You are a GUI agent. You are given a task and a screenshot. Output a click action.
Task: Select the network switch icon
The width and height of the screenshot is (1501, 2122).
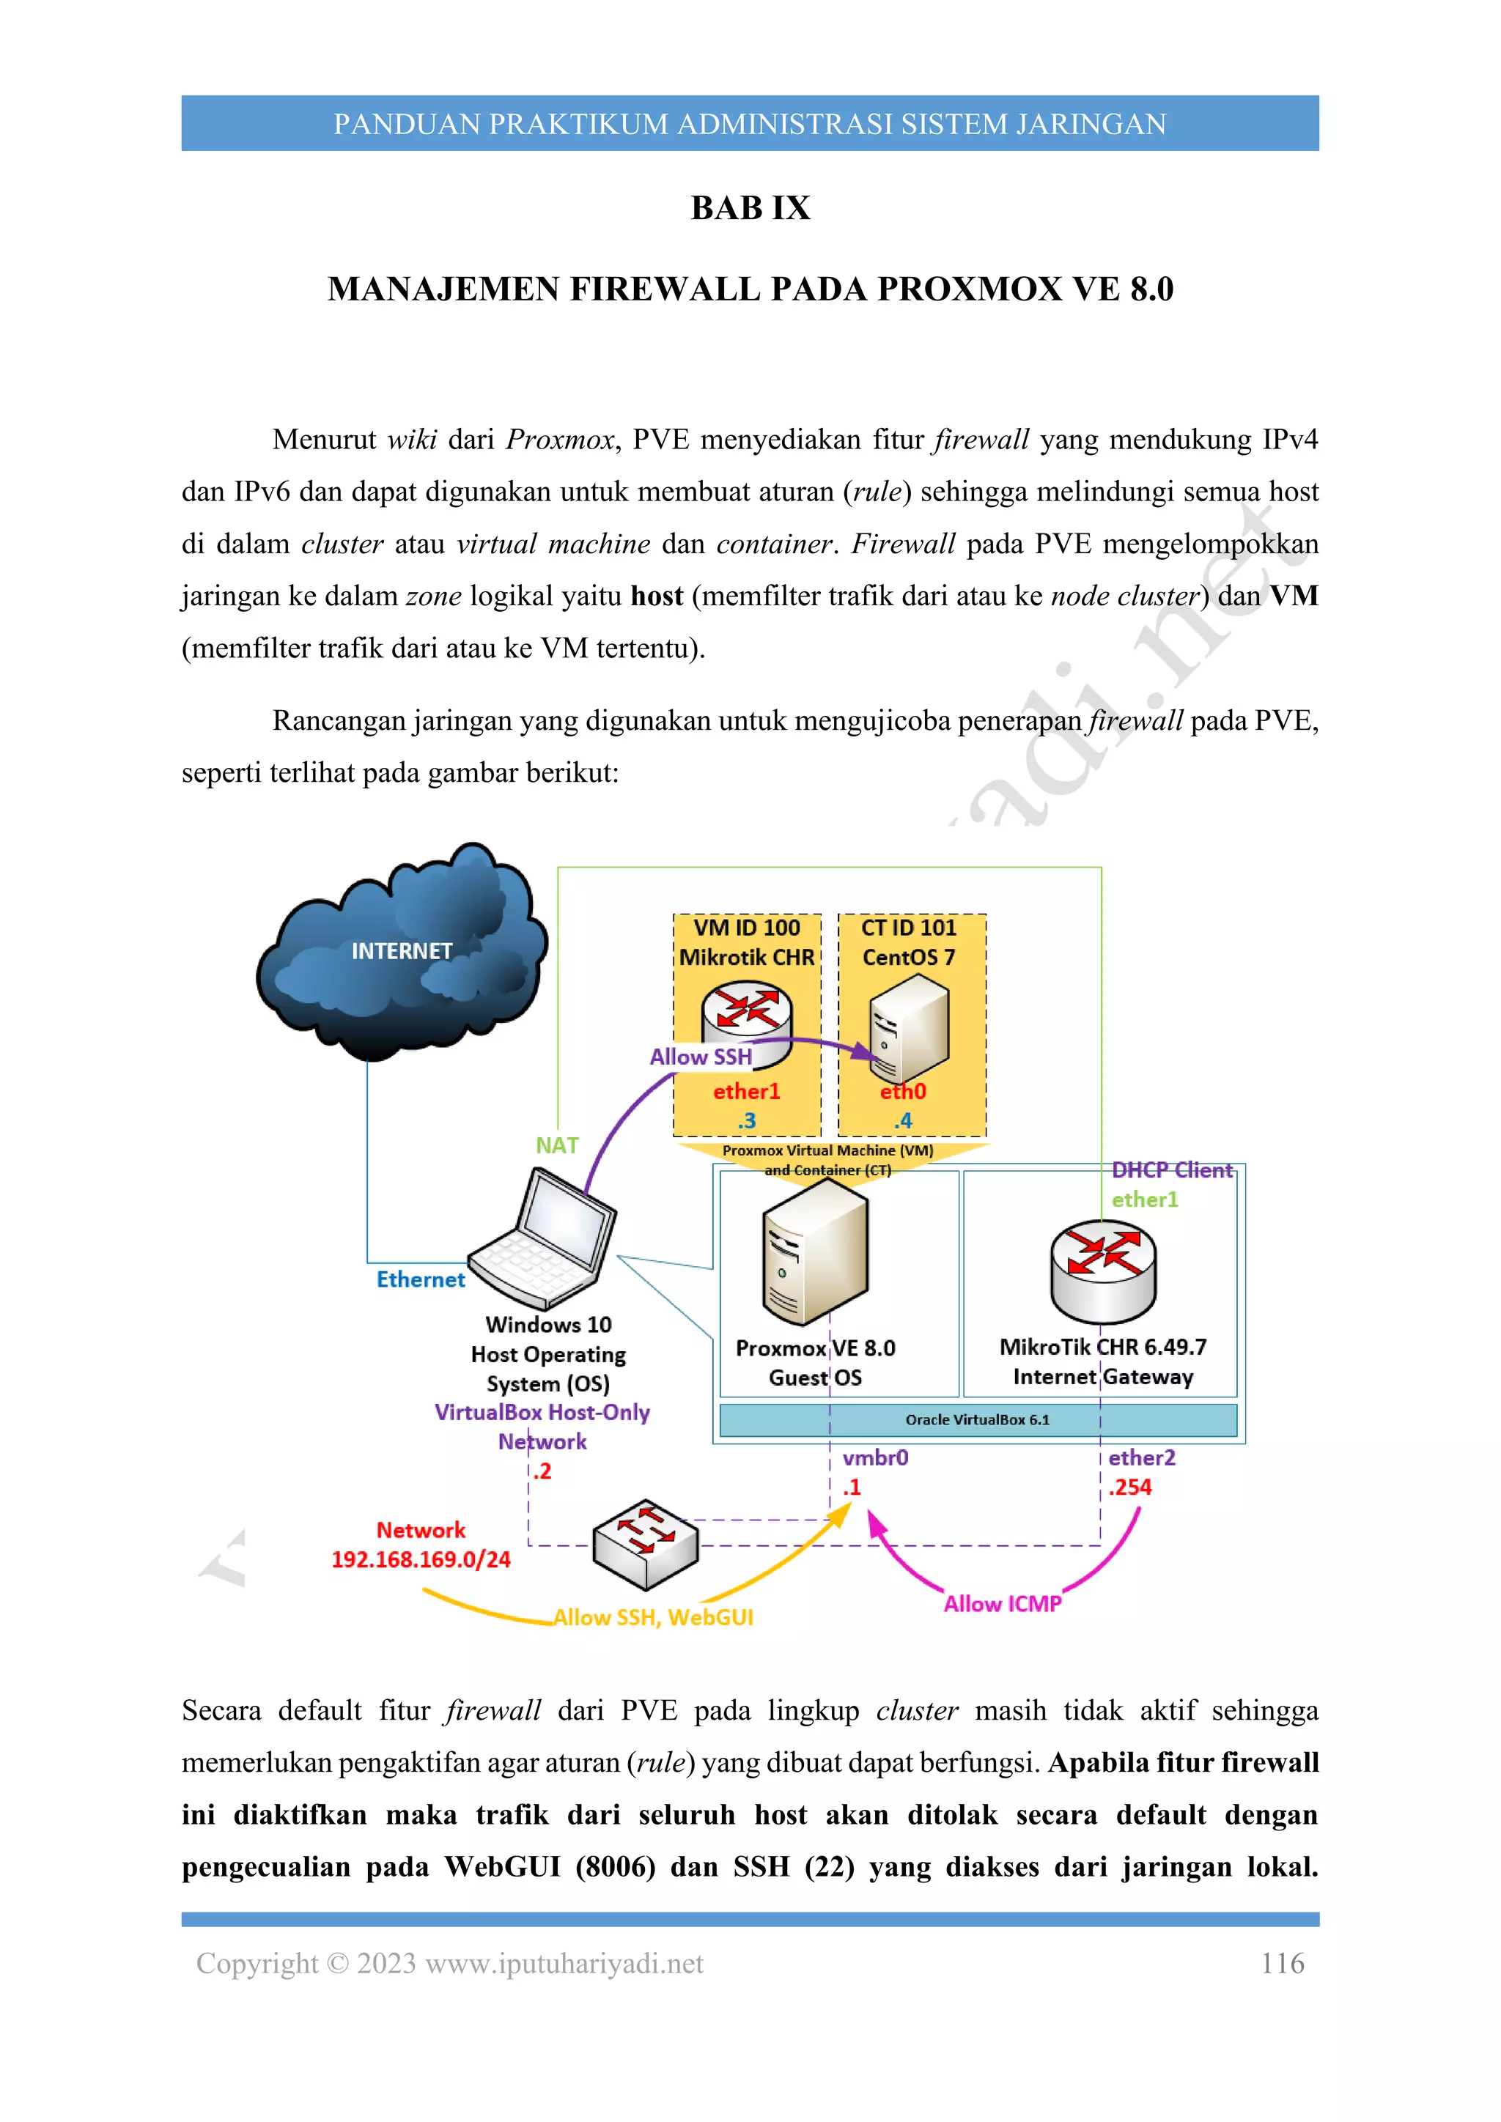point(645,1543)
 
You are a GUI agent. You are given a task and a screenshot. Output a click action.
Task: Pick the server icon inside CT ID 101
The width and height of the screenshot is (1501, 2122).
point(910,1028)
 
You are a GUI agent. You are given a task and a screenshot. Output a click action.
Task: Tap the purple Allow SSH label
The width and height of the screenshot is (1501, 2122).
point(701,1057)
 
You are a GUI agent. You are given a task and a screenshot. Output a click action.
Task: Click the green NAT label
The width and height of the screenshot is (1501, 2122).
point(556,1145)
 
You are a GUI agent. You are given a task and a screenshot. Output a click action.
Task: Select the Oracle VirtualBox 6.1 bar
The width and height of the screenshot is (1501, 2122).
point(977,1419)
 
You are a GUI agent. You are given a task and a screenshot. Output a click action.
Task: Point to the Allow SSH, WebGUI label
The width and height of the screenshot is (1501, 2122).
point(654,1617)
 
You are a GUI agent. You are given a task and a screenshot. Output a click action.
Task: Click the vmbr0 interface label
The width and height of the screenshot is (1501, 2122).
point(875,1457)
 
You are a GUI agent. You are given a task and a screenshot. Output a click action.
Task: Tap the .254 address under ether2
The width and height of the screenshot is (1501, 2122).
point(1130,1487)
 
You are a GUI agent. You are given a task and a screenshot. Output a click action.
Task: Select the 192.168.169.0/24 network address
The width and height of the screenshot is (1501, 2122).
point(421,1559)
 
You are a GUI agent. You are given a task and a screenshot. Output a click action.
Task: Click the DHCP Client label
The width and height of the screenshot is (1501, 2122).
point(1171,1170)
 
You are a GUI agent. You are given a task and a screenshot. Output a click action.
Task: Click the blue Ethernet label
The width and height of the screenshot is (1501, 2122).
point(421,1279)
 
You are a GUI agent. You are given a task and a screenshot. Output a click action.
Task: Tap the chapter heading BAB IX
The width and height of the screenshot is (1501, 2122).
point(750,208)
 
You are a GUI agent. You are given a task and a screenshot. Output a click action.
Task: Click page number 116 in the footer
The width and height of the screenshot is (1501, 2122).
point(1282,1963)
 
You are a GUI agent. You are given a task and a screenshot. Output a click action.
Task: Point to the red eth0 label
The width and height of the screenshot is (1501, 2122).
point(903,1092)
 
